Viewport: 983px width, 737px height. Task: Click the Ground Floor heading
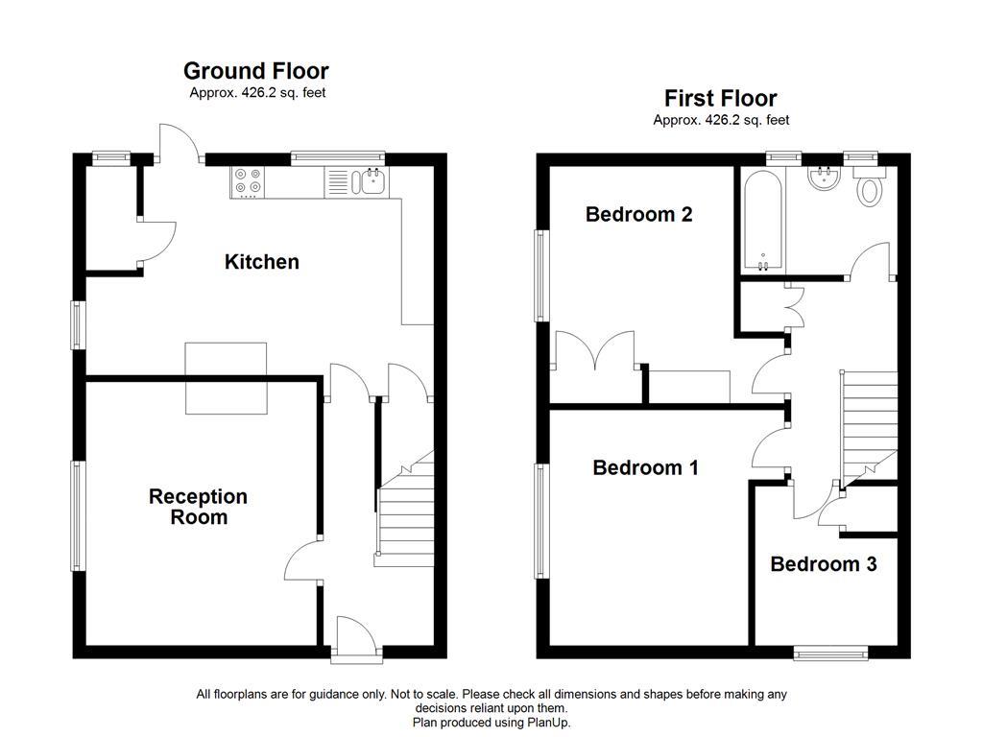tap(255, 71)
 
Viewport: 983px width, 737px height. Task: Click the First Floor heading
tap(720, 98)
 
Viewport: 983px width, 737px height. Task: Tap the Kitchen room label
tap(261, 262)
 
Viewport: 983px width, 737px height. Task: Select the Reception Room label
tap(198, 507)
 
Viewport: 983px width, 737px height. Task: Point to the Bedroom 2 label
tap(638, 214)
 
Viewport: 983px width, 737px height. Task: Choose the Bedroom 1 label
tap(645, 468)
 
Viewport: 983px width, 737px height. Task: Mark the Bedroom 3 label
tap(823, 564)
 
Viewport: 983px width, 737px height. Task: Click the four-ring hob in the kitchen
tap(248, 181)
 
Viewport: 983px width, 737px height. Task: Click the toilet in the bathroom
tap(871, 189)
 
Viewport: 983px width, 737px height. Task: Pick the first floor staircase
tap(870, 422)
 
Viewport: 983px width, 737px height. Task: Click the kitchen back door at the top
tap(180, 144)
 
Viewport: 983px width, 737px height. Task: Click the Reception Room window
tap(78, 516)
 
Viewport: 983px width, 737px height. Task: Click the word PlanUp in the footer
tap(546, 722)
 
